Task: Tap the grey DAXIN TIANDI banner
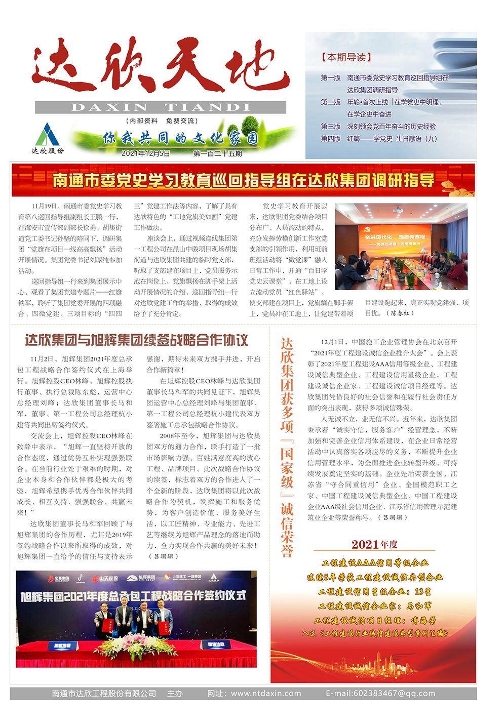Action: [161, 107]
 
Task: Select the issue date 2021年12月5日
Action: [146, 153]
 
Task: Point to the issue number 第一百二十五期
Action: [217, 153]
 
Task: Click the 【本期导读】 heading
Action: [346, 57]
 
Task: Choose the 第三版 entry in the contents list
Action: [331, 127]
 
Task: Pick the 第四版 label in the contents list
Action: [331, 139]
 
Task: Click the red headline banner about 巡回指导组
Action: [243, 180]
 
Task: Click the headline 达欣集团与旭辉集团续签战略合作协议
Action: [137, 340]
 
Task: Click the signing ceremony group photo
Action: [136, 619]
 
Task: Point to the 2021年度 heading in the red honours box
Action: [374, 544]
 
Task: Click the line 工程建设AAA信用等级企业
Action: [375, 563]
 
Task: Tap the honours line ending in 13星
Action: [374, 592]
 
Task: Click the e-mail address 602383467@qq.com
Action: [380, 693]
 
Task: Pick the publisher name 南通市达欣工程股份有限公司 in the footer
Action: [104, 693]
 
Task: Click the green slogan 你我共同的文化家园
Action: [180, 138]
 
